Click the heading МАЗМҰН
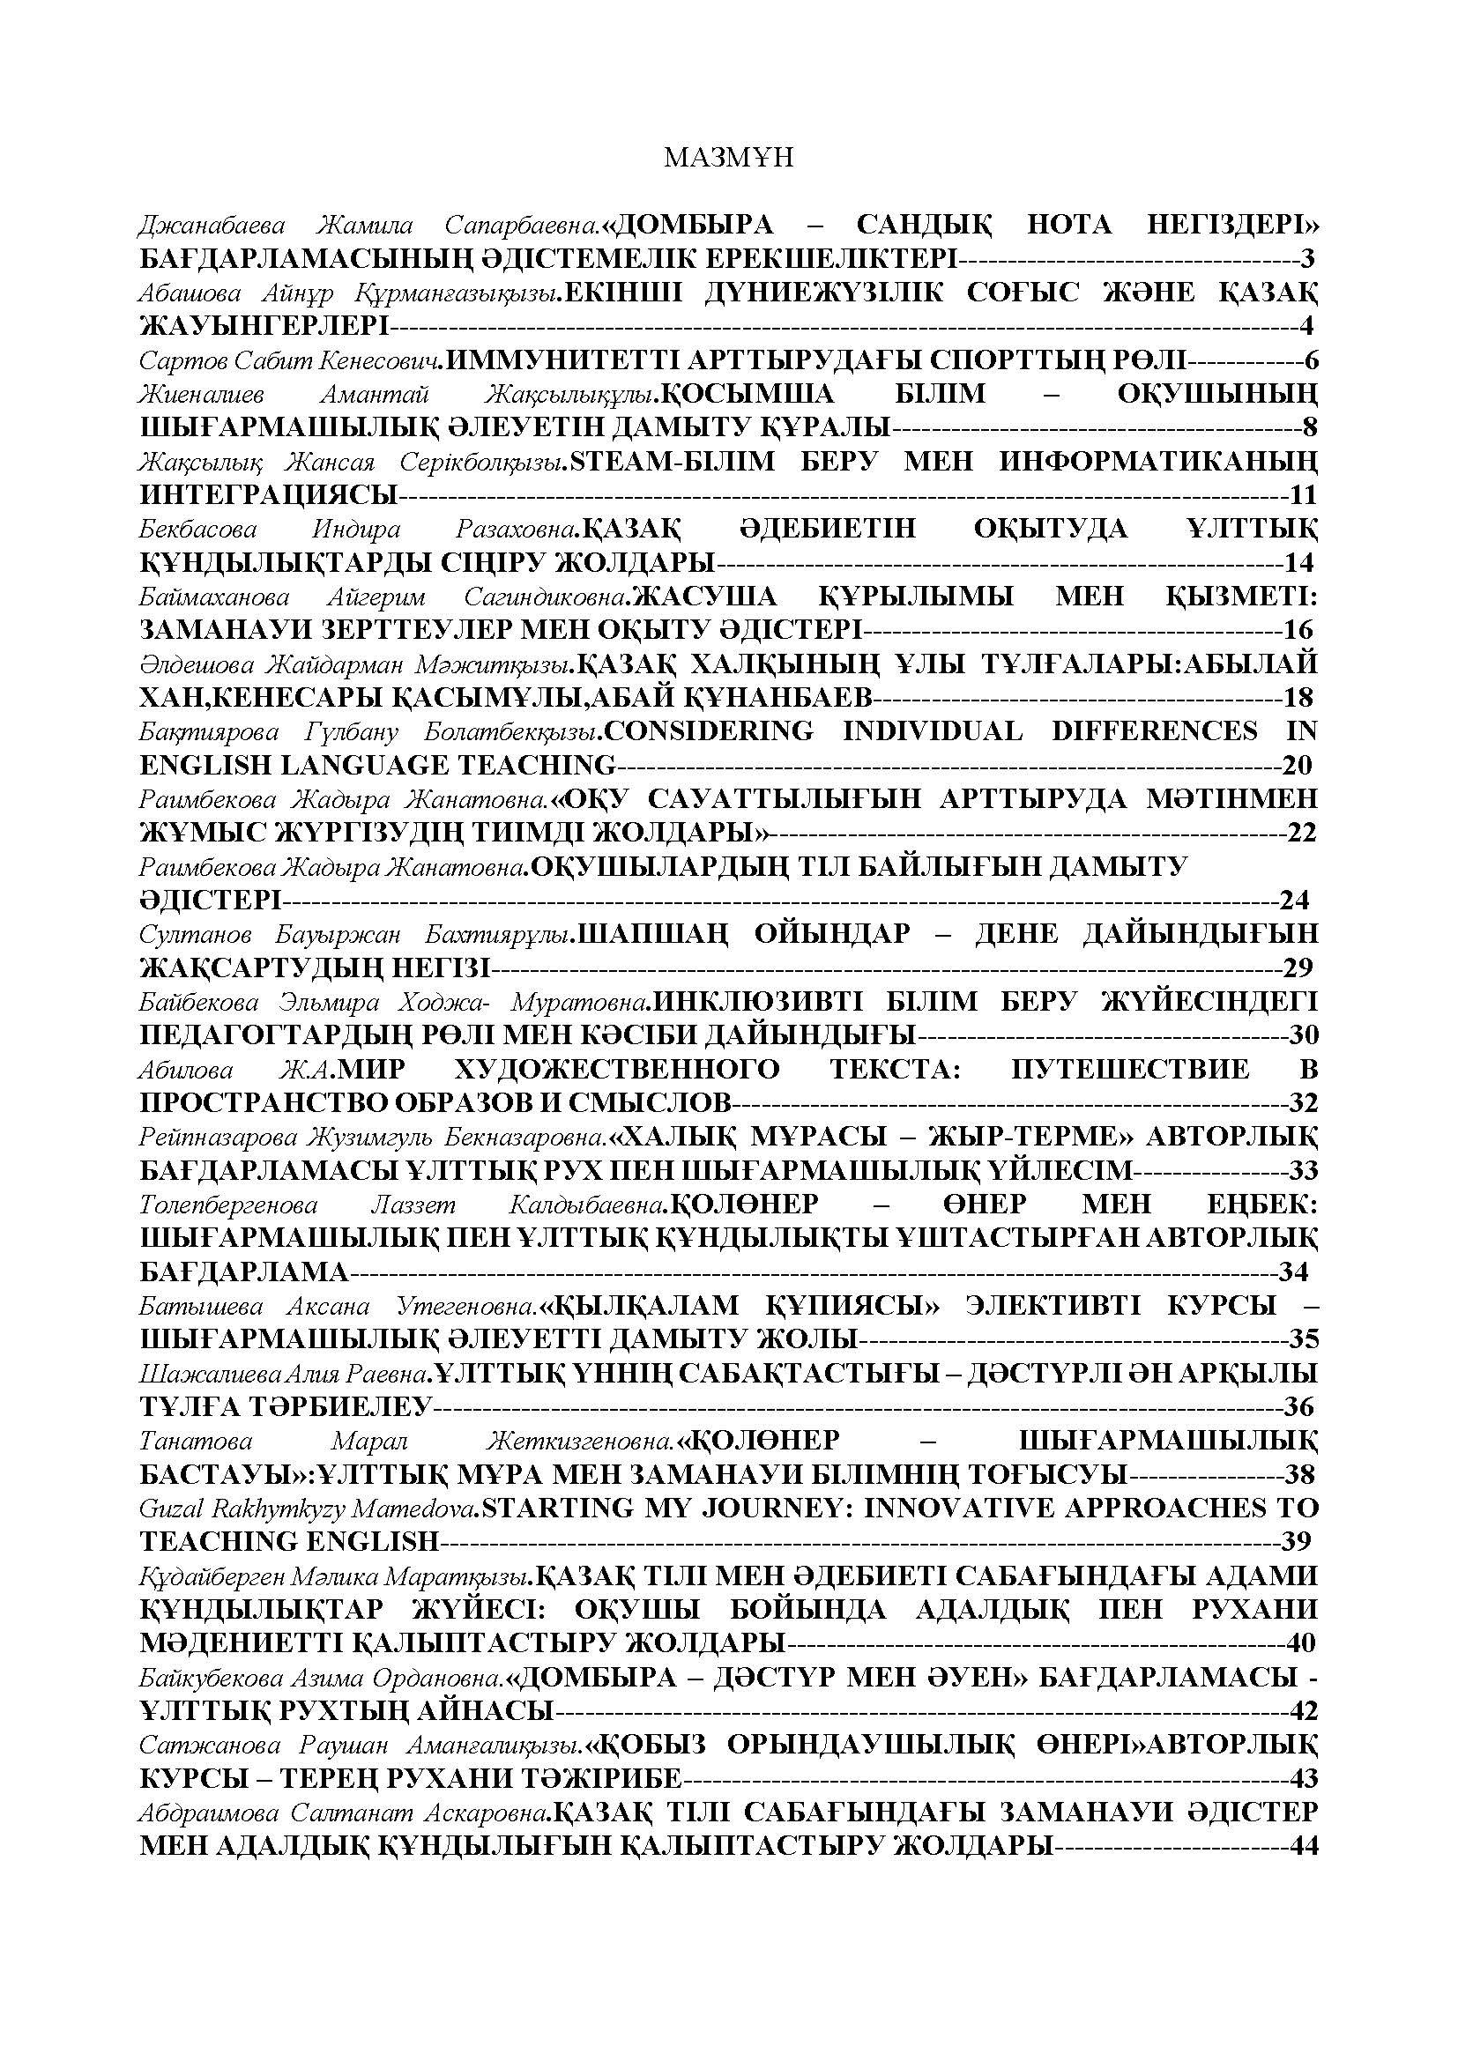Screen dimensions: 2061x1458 click(728, 158)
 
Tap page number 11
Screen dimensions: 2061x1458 click(1301, 494)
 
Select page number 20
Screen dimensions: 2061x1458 click(1298, 765)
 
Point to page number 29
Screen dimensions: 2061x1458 click(1298, 967)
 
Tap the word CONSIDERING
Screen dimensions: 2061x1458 click(708, 731)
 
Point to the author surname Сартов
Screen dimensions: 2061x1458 click(182, 361)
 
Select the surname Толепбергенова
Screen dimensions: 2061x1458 click(229, 1205)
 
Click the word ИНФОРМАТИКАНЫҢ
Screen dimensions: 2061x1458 click(1158, 462)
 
